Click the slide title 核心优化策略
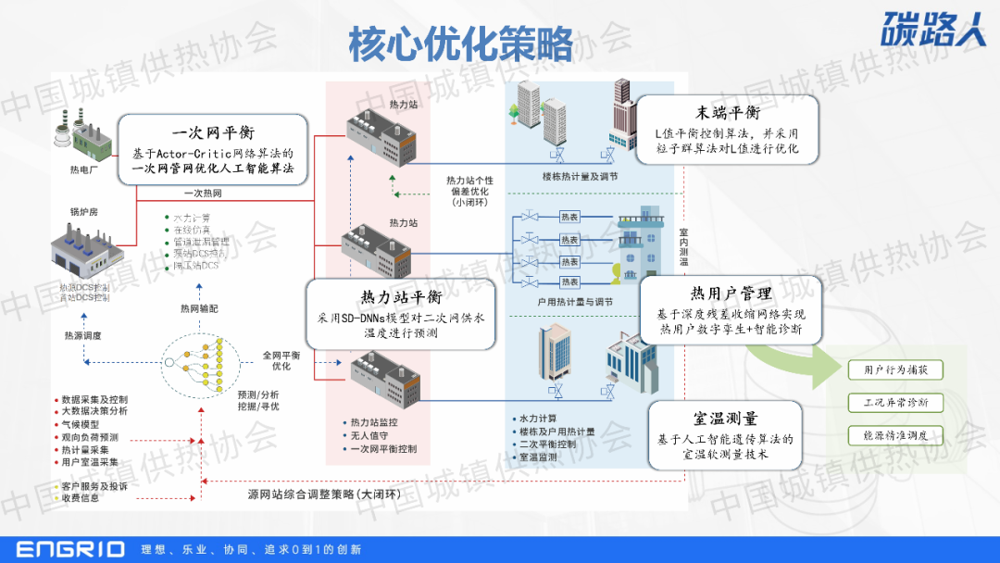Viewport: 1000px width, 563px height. pyautogui.click(x=460, y=44)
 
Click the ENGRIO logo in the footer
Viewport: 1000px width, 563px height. pyautogui.click(x=69, y=549)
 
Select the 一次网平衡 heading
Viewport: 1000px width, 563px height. pyautogui.click(x=213, y=133)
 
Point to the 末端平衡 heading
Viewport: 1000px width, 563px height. pyautogui.click(x=729, y=113)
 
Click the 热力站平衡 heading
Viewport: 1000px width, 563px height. pyautogui.click(x=399, y=297)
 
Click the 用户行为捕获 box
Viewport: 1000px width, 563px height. pyautogui.click(x=895, y=370)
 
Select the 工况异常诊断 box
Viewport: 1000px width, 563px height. pyautogui.click(x=895, y=403)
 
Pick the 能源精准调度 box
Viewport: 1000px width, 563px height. pyautogui.click(x=895, y=434)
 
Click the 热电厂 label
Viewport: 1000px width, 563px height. pyautogui.click(x=83, y=169)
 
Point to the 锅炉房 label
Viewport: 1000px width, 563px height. pyautogui.click(x=84, y=212)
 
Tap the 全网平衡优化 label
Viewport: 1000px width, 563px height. pyautogui.click(x=281, y=360)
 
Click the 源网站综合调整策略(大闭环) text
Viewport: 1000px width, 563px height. pyautogui.click(x=324, y=494)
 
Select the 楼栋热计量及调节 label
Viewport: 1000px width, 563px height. pyautogui.click(x=581, y=176)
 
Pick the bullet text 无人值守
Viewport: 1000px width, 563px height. pyautogui.click(x=369, y=435)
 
